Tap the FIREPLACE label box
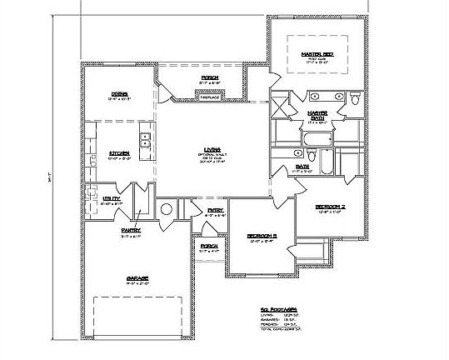[x=208, y=97]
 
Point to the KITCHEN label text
[x=117, y=153]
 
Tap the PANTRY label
[x=131, y=230]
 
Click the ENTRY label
[x=214, y=211]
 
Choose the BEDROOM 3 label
[x=261, y=237]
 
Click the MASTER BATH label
[x=317, y=113]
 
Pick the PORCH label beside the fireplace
[x=209, y=78]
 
